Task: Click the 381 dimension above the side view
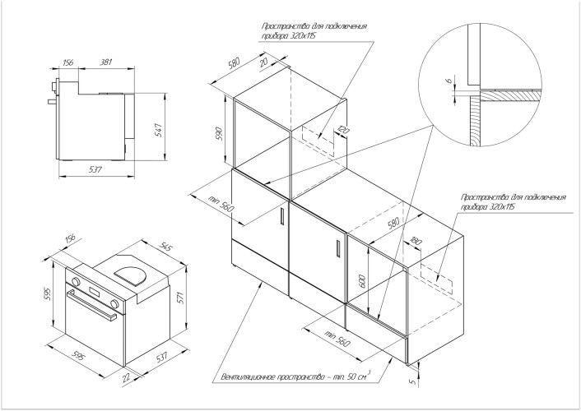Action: point(106,62)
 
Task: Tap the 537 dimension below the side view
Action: point(95,169)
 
